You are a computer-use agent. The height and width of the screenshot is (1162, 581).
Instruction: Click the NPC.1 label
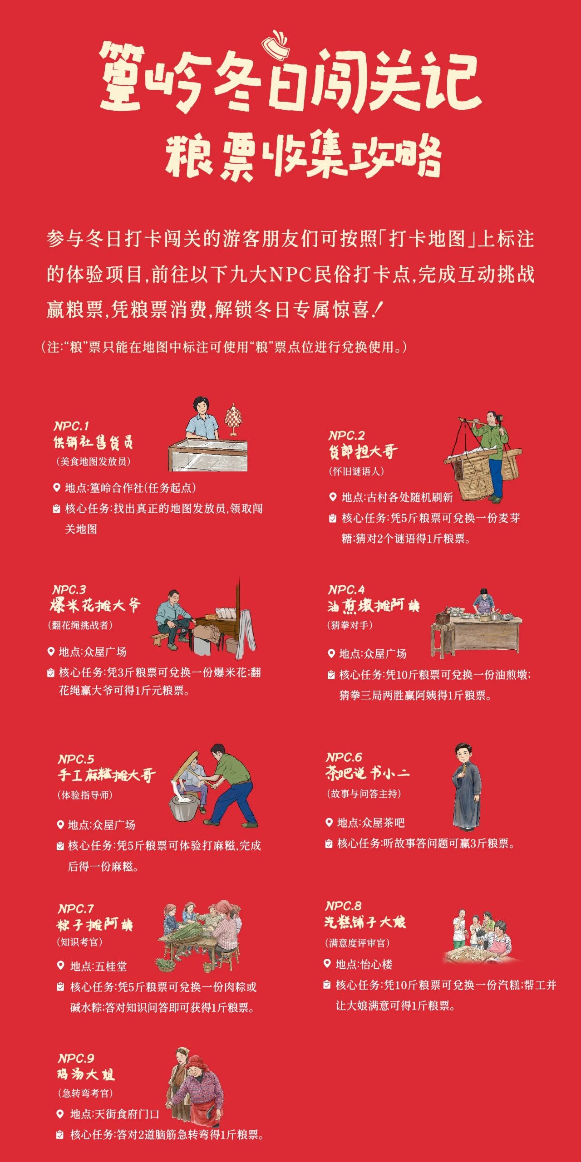71,426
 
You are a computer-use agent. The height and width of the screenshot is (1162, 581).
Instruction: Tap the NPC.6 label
344,757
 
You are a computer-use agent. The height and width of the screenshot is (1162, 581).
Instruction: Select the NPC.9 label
76,1058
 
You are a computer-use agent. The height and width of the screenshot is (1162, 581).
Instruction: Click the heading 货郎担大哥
363,452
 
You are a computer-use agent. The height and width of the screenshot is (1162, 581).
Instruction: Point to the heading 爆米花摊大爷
95,605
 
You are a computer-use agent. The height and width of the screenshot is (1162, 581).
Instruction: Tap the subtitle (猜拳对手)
350,625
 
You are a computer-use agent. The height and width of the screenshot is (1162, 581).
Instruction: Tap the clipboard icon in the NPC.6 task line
329,843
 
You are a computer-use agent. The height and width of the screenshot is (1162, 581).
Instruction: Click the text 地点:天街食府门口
115,1114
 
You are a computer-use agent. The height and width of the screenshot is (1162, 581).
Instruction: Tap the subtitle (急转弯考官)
85,1093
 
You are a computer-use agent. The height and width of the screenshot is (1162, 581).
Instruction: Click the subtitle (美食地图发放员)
94,461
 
